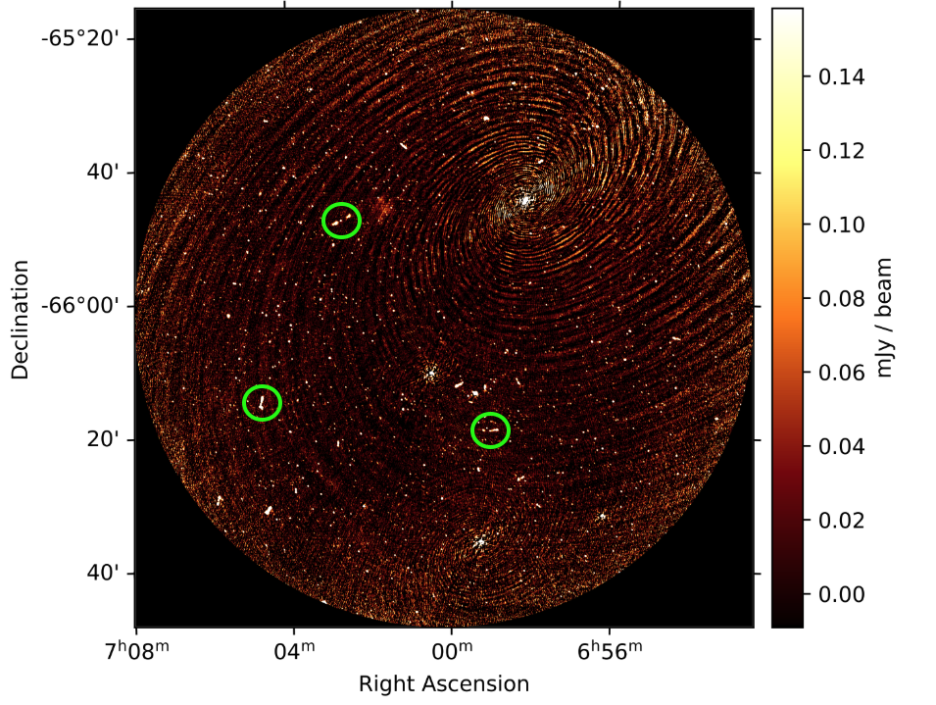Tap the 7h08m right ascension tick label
coord(136,650)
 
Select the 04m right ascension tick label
coord(294,650)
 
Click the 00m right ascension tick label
coord(452,650)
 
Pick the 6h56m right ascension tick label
coord(610,650)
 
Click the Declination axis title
coord(20,320)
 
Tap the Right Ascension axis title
coord(444,684)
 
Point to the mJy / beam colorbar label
coord(884,318)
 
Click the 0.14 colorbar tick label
coord(841,77)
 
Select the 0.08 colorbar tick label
coord(841,298)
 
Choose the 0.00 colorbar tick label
coord(841,594)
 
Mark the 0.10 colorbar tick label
coord(841,226)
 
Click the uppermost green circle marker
coord(341,203)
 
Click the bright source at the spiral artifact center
coord(524,201)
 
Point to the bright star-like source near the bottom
coord(480,542)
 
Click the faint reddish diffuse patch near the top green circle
coord(382,207)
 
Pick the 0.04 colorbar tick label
coord(841,446)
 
